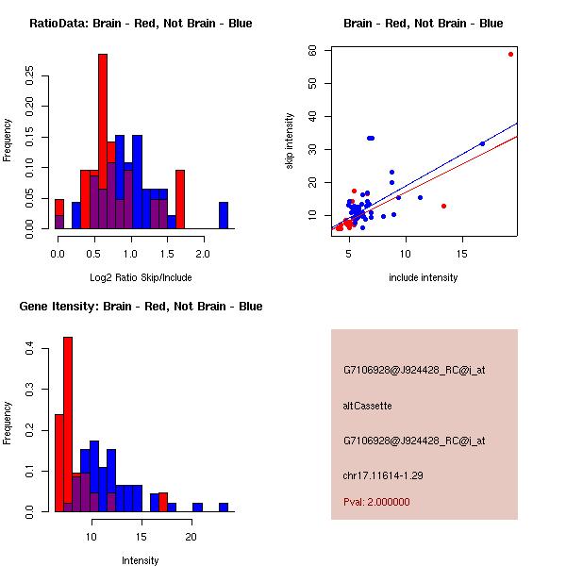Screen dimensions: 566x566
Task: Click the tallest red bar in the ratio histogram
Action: pos(103,141)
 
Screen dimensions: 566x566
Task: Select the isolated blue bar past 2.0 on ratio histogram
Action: pos(224,215)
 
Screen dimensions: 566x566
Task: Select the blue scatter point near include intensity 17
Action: pos(482,143)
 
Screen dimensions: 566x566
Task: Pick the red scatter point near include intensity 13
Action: pos(443,206)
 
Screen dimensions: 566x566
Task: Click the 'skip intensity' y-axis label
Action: pos(290,141)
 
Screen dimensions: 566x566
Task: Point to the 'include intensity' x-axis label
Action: pos(423,277)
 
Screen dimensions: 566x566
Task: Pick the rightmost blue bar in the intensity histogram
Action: pos(224,507)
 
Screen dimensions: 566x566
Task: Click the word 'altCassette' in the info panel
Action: pos(367,406)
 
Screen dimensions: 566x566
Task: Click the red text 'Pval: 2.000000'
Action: pos(376,502)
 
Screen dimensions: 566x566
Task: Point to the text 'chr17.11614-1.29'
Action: pos(383,475)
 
